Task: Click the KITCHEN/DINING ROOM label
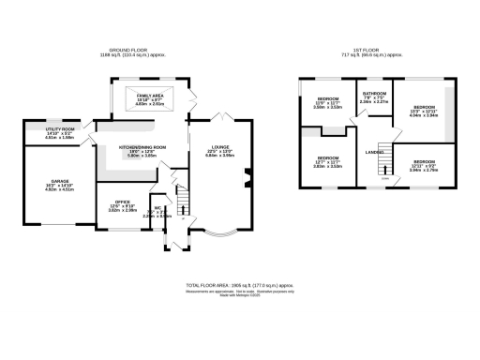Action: coord(142,147)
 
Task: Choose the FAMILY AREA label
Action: coord(150,96)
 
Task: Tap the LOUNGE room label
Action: coord(218,147)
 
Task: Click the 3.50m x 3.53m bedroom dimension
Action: coord(326,108)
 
